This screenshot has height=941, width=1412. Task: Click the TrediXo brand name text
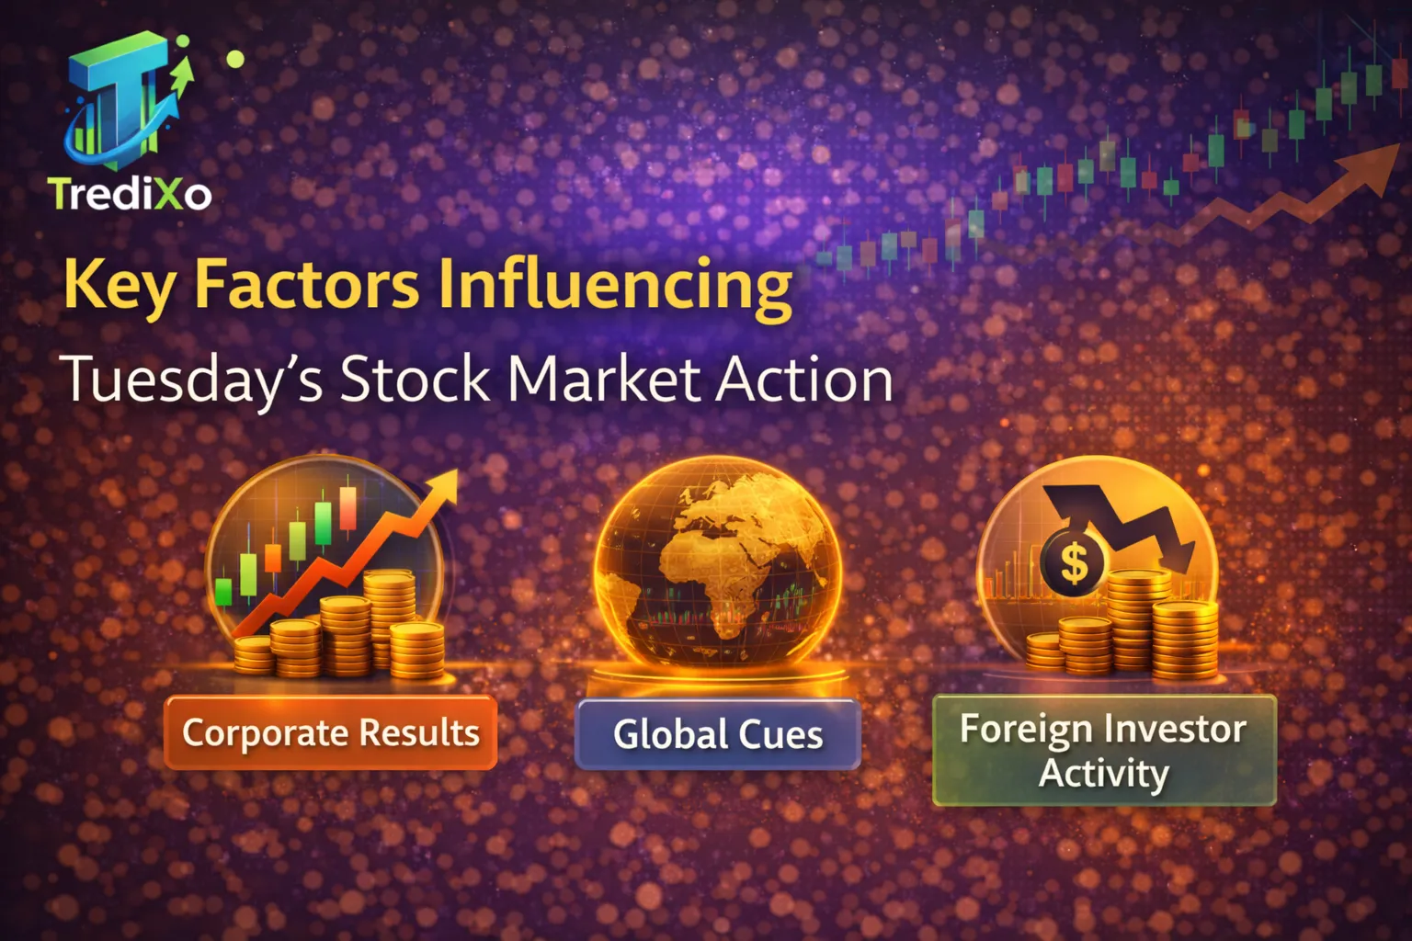pyautogui.click(x=130, y=194)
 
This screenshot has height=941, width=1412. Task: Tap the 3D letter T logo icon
pyautogui.click(x=124, y=101)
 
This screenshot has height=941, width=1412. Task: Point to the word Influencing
pyautogui.click(x=613, y=285)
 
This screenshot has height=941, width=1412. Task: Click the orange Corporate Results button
pyautogui.click(x=331, y=732)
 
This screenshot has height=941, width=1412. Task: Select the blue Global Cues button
pyautogui.click(x=718, y=734)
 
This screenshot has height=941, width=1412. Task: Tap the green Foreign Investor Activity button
pyautogui.click(x=1104, y=751)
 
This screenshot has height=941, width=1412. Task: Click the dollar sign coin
pyautogui.click(x=1073, y=562)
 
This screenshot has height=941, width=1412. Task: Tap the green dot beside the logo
pyautogui.click(x=235, y=59)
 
